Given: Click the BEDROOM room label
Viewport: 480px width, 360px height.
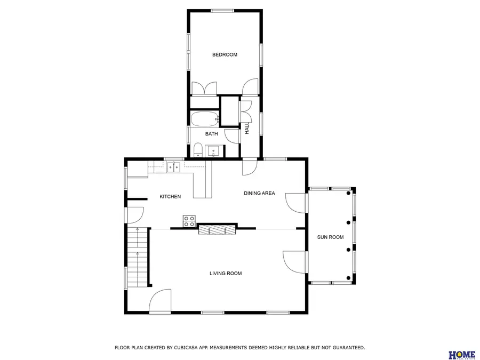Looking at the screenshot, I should [225, 54].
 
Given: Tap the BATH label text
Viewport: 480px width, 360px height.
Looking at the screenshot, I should [212, 134].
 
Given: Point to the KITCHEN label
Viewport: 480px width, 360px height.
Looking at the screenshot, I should [170, 197].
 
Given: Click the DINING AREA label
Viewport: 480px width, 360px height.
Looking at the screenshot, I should [259, 193].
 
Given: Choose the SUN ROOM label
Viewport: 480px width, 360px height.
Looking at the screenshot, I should [330, 237].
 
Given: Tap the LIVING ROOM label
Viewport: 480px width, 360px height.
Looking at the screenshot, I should [225, 273].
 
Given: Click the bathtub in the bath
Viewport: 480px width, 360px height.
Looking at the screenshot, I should [205, 118].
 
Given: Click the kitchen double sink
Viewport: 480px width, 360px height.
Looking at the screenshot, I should [173, 167].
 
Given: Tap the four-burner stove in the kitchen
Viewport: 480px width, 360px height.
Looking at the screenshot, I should [189, 221].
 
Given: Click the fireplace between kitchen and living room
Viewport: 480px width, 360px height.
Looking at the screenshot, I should [217, 229].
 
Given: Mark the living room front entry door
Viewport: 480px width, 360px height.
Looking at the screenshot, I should [159, 302].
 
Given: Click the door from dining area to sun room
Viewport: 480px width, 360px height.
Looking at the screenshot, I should [297, 202].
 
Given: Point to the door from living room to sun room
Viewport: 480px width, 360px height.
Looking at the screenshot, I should [295, 261].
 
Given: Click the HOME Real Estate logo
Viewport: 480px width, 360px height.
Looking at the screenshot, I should [462, 355].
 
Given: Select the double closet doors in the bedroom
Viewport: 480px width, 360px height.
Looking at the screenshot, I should [204, 89].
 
